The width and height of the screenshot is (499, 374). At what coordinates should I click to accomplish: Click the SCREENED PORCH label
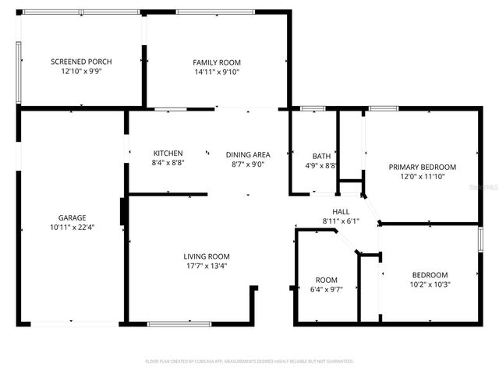[x=81, y=62]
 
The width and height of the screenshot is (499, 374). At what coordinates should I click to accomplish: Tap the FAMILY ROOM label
[x=217, y=62]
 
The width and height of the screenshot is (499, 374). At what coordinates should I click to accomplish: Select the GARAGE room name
[x=72, y=217]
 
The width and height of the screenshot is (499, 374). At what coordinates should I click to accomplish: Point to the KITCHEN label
[x=168, y=153]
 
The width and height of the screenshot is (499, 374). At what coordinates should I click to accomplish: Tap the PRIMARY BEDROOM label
[x=423, y=167]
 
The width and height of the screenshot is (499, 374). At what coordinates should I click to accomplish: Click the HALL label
[x=341, y=211]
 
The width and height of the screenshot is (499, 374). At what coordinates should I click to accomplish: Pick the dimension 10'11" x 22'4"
[x=72, y=228]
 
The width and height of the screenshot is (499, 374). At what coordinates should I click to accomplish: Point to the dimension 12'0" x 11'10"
[x=423, y=176]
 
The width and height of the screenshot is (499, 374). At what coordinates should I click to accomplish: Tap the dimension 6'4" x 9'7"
[x=326, y=289]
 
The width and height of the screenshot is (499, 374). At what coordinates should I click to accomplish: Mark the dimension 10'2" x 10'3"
[x=430, y=284]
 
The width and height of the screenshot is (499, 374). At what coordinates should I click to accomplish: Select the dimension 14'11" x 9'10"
[x=217, y=72]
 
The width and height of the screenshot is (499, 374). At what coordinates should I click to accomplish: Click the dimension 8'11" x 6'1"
[x=341, y=221]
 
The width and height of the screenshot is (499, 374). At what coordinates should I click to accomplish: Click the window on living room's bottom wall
[x=179, y=323]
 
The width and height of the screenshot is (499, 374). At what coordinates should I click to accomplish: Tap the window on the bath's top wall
[x=313, y=108]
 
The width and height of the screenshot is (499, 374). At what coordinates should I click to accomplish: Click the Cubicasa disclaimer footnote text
[x=249, y=362]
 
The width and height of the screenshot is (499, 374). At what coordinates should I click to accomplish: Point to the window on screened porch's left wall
[x=19, y=71]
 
